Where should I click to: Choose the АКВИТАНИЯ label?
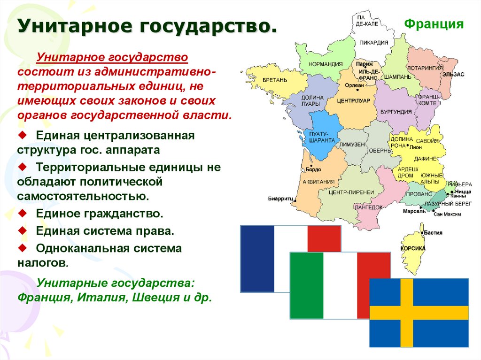[x=318, y=181]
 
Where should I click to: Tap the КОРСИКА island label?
[x=413, y=248]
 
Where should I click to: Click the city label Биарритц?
[x=280, y=199]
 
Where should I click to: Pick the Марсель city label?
[x=414, y=211]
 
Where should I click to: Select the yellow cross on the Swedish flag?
[x=407, y=313]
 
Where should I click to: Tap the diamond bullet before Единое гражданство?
[x=22, y=214]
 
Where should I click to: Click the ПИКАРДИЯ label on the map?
[x=374, y=42]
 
